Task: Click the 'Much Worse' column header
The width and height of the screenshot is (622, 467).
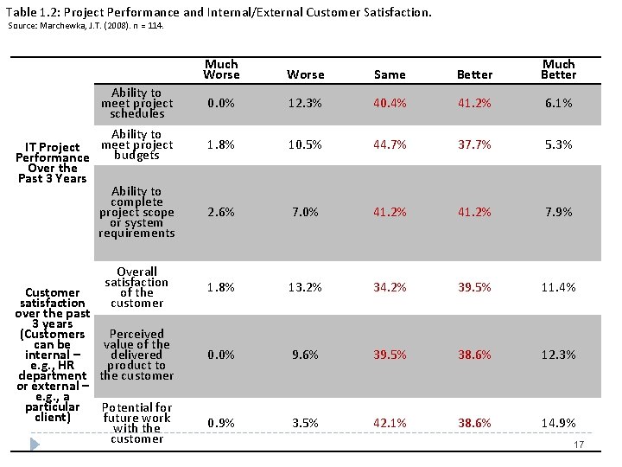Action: click(x=221, y=69)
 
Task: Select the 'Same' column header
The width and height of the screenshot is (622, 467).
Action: click(x=390, y=75)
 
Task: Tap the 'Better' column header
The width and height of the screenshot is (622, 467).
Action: click(x=474, y=75)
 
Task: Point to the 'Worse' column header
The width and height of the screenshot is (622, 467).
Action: click(x=306, y=75)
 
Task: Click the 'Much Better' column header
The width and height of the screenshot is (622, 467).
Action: click(x=558, y=69)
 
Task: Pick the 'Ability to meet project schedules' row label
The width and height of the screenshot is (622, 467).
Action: click(x=136, y=103)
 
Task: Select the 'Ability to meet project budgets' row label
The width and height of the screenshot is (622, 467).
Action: click(x=136, y=144)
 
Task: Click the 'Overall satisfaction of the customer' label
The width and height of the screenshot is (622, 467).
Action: click(x=136, y=287)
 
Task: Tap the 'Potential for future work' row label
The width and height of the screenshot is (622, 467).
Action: click(x=136, y=423)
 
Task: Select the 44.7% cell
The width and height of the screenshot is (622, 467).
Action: click(x=390, y=144)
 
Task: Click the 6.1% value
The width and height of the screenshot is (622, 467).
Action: click(x=558, y=103)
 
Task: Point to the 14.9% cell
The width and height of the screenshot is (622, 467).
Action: click(x=558, y=423)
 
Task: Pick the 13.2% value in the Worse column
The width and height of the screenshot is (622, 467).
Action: click(x=306, y=287)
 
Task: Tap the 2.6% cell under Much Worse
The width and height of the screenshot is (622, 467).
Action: click(x=221, y=212)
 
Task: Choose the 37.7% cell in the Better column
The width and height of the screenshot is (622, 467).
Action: click(x=474, y=144)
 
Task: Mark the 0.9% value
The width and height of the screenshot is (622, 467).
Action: click(x=221, y=423)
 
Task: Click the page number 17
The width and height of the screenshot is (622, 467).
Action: click(x=580, y=445)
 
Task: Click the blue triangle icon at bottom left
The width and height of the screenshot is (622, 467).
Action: click(x=35, y=444)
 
